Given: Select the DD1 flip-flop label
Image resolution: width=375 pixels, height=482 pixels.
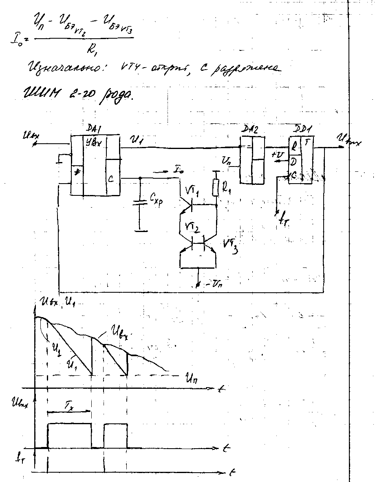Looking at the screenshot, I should pos(303,130).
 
